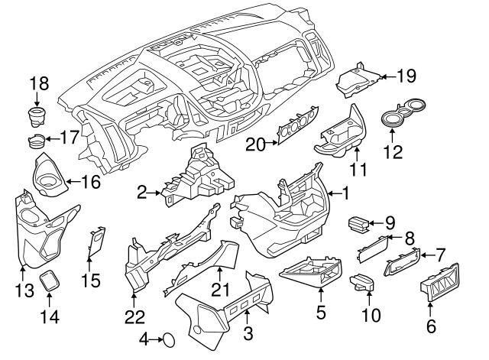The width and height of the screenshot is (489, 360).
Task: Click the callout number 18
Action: (39, 83)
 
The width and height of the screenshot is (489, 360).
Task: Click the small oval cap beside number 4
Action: (170, 338)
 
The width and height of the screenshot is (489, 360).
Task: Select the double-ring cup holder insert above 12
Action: (406, 114)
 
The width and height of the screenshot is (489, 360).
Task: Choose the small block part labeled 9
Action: (358, 223)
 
